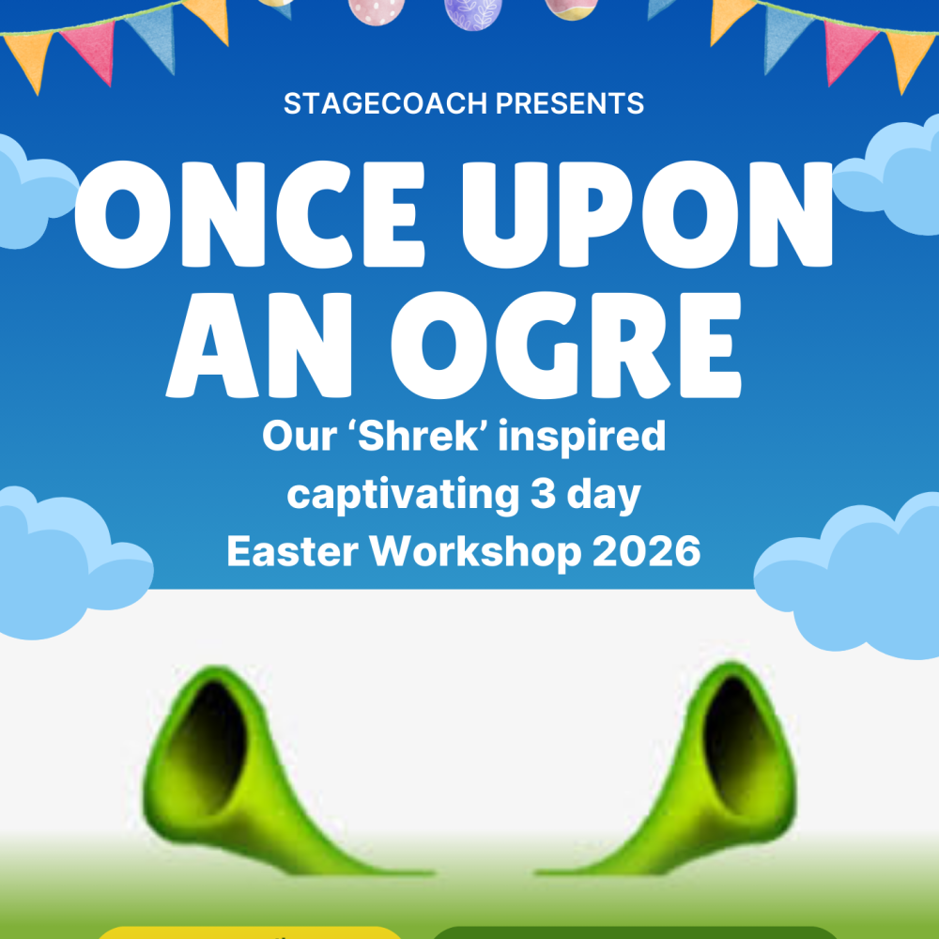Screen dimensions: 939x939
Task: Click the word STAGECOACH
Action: tap(386, 103)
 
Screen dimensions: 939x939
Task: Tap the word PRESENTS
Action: tap(570, 103)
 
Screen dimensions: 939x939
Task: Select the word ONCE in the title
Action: tap(249, 214)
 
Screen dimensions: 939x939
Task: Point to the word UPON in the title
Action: tap(647, 214)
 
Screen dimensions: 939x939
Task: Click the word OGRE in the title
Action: tap(566, 346)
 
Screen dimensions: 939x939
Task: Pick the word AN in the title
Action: tap(259, 346)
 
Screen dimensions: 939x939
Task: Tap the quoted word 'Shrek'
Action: tap(419, 436)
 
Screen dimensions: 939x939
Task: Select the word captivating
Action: tap(403, 495)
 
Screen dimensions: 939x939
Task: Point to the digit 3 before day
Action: tap(543, 494)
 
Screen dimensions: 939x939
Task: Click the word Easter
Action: tap(293, 551)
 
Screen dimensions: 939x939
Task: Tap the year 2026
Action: tap(647, 551)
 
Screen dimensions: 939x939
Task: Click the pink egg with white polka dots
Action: tap(377, 10)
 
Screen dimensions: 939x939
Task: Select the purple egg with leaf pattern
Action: tap(473, 13)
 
